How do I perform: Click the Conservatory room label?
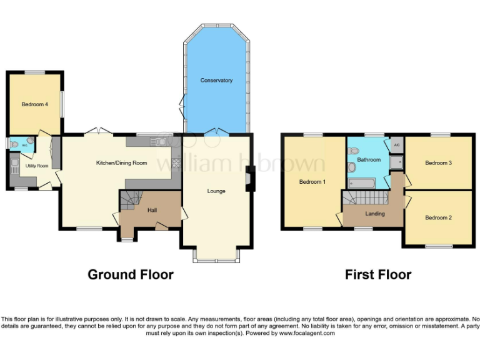[216, 81]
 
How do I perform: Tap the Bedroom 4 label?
[35, 104]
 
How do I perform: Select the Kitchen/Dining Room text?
[121, 163]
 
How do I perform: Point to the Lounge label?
[216, 191]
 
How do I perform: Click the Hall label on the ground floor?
[152, 210]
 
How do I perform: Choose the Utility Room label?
[37, 166]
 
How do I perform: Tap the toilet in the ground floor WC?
[14, 144]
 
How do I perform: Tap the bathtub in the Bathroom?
[361, 183]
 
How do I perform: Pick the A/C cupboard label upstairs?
[396, 145]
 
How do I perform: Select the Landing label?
[375, 214]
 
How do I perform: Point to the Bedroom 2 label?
[438, 217]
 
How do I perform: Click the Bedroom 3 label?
[438, 163]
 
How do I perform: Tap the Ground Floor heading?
[131, 274]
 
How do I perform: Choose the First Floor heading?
[378, 274]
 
